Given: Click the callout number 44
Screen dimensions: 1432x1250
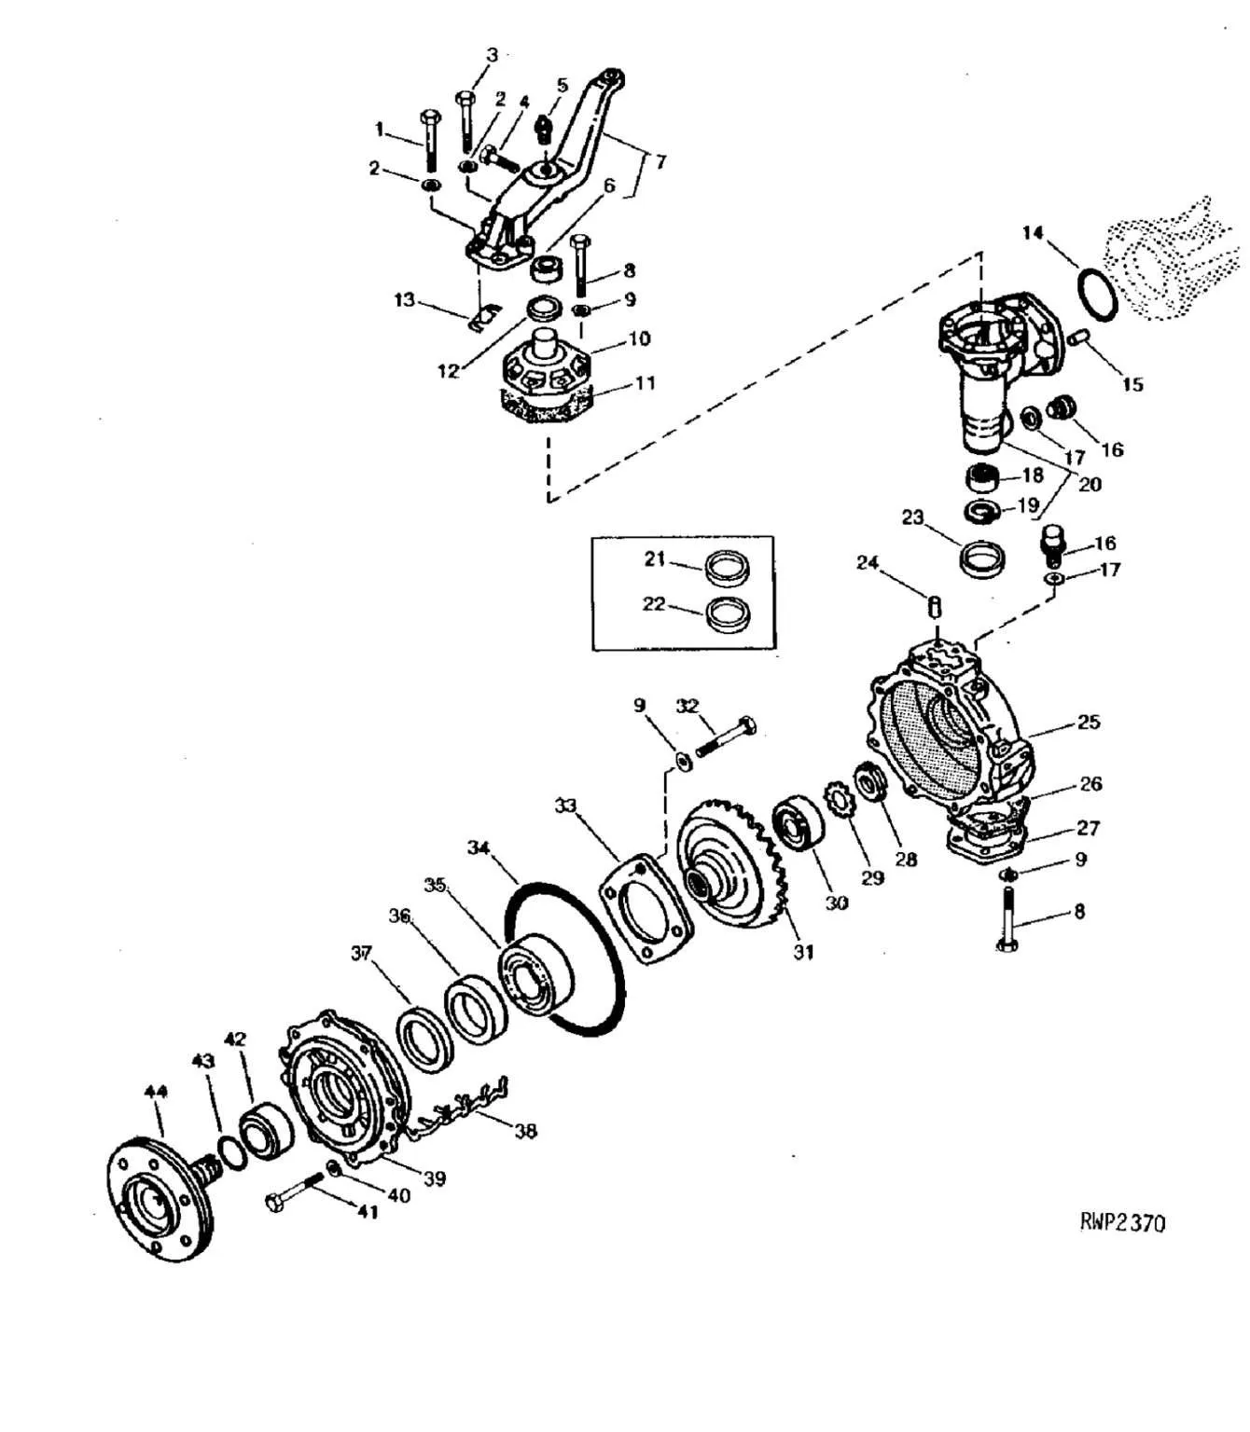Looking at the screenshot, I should (156, 1091).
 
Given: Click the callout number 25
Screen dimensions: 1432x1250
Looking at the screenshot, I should (1088, 722).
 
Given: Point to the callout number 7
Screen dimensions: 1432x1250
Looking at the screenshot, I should (660, 162).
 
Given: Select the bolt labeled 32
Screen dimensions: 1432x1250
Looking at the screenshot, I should (725, 737).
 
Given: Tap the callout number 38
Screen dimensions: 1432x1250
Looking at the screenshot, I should (525, 1130).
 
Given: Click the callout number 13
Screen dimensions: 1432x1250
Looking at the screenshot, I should (404, 300).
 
